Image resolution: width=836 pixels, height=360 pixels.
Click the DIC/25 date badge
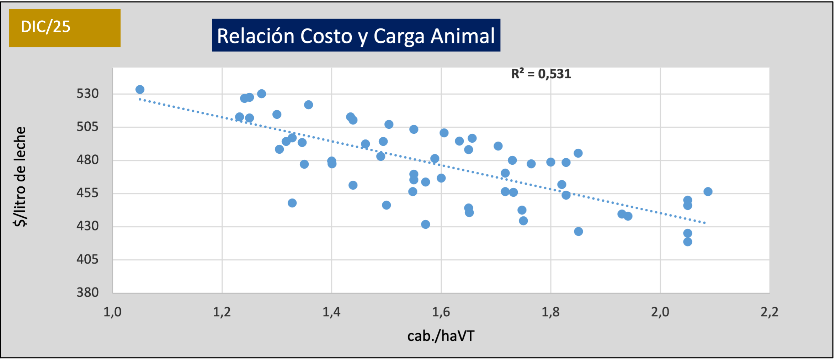(64, 28)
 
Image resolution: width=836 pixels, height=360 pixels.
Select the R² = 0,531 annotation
(541, 74)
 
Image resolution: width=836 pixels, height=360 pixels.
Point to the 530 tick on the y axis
(87, 94)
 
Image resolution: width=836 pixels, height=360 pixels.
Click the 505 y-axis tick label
(87, 127)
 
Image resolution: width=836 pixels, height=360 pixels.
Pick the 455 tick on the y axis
(87, 193)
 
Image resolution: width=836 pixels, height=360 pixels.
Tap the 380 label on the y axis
(87, 292)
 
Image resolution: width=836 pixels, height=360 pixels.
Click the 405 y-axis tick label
(87, 259)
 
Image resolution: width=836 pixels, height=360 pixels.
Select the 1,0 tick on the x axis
(112, 312)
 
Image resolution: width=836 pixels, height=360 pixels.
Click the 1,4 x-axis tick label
(331, 312)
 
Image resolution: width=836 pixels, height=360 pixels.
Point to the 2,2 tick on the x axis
(770, 312)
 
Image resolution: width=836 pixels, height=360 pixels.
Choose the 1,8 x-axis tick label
(550, 312)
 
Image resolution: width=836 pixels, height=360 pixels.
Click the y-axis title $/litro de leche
(20, 177)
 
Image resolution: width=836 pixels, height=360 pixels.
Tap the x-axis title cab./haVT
(441, 336)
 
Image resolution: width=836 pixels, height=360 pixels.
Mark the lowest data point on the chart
(688, 242)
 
